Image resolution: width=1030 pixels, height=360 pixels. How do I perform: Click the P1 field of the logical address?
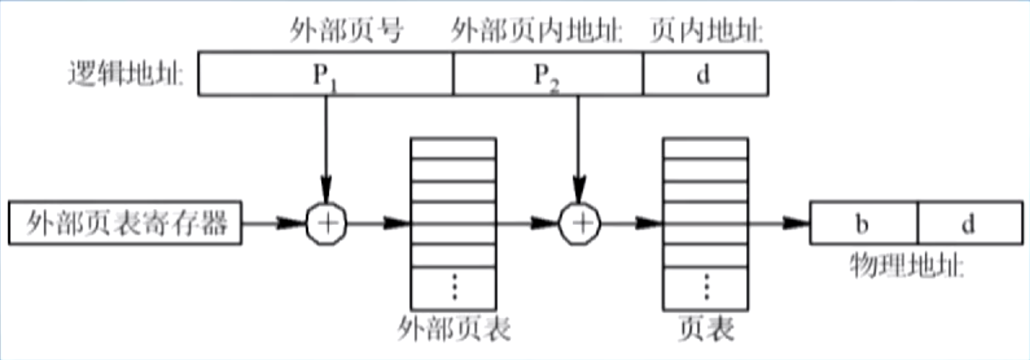325,73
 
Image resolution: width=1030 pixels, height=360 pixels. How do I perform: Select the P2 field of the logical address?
548,73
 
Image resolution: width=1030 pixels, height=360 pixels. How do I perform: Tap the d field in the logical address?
704,73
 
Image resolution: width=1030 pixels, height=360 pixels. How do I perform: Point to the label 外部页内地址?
538,32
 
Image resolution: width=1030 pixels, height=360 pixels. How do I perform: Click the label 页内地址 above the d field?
707,32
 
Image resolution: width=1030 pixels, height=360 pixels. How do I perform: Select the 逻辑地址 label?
127,74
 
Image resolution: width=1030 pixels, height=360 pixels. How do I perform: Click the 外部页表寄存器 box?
126,223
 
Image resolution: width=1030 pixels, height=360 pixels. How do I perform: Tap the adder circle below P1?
325,223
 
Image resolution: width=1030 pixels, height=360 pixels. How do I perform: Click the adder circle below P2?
579,223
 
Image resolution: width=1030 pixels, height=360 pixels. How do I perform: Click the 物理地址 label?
907,267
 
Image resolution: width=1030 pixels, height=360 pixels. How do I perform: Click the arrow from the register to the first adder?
274,223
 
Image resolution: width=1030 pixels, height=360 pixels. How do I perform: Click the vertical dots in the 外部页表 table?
454,287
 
